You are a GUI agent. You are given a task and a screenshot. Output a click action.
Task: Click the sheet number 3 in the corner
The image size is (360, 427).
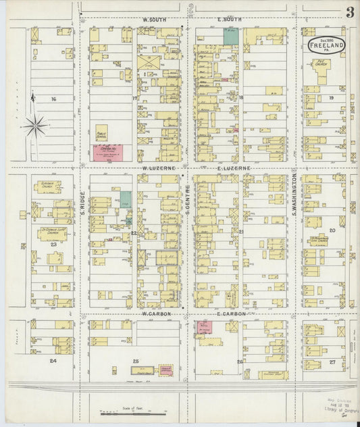point(350,13)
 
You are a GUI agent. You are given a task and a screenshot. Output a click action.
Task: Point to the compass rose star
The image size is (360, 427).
point(34,125)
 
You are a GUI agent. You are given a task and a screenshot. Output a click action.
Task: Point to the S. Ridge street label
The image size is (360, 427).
point(82,201)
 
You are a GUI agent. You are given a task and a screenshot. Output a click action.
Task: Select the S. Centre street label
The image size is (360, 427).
point(186,203)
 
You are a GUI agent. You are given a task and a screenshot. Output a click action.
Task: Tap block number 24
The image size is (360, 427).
point(52,361)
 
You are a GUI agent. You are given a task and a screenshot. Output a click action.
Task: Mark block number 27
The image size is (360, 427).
point(332,361)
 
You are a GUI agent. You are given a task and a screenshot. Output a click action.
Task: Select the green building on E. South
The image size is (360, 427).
point(230,36)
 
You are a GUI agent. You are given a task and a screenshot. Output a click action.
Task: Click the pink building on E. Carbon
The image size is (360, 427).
point(203,327)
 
